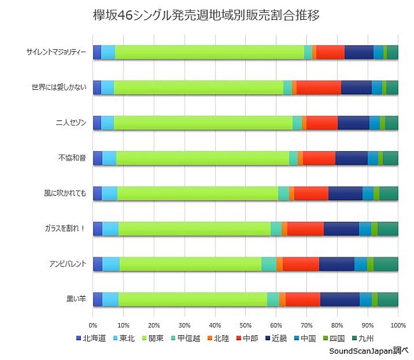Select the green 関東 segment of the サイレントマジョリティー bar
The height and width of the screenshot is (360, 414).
pos(210,52)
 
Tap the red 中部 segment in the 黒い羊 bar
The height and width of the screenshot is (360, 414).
pos(303,299)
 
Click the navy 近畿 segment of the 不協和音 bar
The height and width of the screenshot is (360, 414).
pos(351,158)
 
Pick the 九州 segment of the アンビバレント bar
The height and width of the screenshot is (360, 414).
pos(386,264)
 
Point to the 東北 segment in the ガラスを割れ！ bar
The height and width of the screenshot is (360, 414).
pos(110,229)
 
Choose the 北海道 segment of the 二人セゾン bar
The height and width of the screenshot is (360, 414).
pos(97,123)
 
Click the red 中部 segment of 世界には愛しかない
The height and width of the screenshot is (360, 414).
pos(318,88)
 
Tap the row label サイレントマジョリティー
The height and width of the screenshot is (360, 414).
pos(55,52)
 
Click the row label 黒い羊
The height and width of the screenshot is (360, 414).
pos(75,299)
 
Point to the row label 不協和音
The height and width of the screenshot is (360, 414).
pos(71,158)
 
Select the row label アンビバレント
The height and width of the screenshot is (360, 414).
pos(68,264)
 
